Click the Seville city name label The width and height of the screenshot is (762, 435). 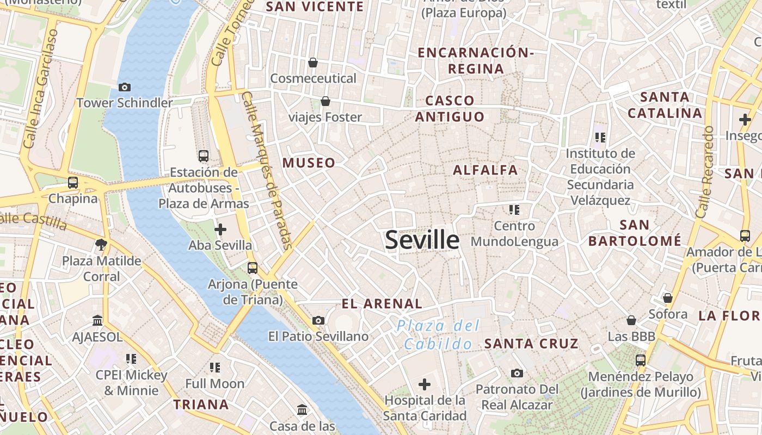click(422, 240)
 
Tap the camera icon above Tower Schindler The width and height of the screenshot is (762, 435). click(124, 87)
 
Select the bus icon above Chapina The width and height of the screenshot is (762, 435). click(73, 183)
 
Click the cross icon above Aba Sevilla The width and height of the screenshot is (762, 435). click(220, 229)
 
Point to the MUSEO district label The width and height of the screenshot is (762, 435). click(309, 163)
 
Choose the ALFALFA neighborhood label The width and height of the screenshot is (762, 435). click(486, 170)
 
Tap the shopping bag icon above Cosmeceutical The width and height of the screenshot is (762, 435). click(313, 63)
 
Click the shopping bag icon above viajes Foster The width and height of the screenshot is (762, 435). click(325, 101)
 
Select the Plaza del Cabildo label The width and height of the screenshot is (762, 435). click(439, 334)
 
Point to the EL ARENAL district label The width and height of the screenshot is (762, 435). click(382, 304)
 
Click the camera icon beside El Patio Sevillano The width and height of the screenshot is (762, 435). click(318, 321)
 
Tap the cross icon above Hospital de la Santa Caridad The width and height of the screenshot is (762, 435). click(425, 384)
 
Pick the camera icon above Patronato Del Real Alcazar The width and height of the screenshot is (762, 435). click(517, 373)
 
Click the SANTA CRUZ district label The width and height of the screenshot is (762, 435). click(531, 344)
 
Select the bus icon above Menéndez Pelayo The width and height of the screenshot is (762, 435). click(641, 360)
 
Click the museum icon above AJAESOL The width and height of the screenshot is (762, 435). click(98, 321)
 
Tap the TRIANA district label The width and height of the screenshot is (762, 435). click(201, 405)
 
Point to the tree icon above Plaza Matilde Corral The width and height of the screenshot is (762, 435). click(101, 245)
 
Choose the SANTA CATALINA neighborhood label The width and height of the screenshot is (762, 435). click(665, 105)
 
